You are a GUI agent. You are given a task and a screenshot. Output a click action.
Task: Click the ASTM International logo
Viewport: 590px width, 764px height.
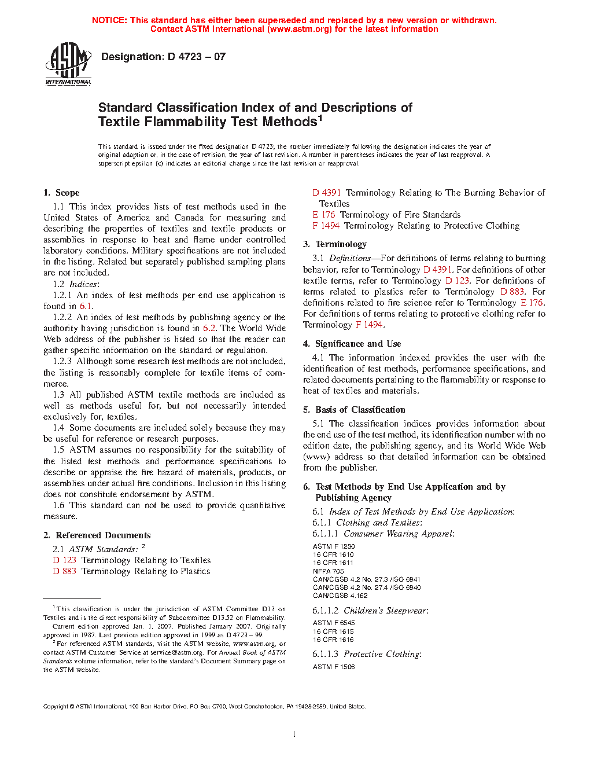68,64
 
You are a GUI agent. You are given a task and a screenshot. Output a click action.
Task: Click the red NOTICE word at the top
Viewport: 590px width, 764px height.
109,20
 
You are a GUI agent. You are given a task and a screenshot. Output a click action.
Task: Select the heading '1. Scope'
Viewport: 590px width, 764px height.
61,193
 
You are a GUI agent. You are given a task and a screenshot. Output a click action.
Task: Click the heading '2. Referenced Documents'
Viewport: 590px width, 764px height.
97,535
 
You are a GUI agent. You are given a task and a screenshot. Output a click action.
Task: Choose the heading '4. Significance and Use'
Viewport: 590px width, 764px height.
352,344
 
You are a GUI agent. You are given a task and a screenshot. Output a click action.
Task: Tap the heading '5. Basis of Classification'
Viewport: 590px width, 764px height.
354,410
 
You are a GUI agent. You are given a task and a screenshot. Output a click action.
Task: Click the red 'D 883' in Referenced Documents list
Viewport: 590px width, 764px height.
64,571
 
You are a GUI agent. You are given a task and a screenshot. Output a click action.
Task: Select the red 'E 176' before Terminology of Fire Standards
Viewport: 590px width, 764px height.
324,215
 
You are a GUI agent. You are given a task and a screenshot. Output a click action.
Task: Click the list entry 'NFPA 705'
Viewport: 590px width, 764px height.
329,571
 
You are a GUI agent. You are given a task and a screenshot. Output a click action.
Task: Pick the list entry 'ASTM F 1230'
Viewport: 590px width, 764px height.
334,546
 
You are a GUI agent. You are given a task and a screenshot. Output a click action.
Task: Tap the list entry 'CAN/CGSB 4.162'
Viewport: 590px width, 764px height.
340,596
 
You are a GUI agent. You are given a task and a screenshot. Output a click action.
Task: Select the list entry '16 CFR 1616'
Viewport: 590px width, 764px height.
333,640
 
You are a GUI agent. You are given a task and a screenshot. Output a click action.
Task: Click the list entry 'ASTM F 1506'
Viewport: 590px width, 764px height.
334,667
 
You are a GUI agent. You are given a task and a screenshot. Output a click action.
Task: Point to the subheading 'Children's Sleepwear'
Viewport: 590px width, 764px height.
386,611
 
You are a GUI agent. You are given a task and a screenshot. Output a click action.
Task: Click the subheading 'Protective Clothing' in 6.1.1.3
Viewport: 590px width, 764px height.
382,654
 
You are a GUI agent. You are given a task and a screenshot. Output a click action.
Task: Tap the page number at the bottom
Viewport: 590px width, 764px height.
294,734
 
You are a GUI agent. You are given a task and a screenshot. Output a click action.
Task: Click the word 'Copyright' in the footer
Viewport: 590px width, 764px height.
56,706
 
